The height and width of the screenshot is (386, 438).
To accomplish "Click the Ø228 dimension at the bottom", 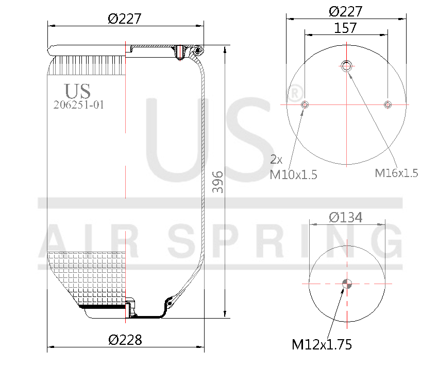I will (125, 340).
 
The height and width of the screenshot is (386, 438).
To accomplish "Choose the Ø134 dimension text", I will (346, 218).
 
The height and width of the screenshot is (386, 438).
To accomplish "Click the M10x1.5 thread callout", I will (294, 175).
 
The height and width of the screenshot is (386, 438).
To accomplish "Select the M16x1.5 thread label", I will (396, 173).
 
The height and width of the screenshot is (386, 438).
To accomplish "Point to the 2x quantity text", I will (277, 159).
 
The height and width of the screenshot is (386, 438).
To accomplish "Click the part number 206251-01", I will (79, 104).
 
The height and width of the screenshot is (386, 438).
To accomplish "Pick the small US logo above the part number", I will (78, 91).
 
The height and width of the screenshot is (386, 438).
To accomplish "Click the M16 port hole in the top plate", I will (346, 65).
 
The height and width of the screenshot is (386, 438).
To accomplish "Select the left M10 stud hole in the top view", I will (305, 104).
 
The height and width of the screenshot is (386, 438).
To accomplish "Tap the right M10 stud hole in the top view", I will (388, 104).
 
